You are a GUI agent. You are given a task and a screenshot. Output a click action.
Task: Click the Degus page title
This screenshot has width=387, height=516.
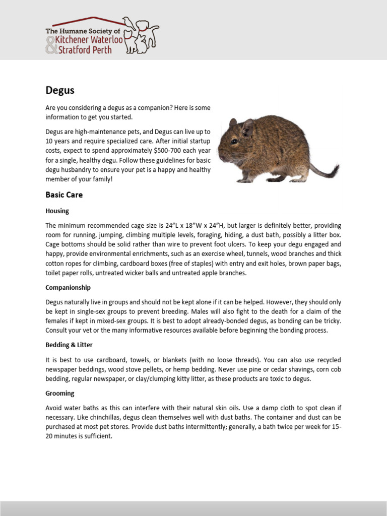[60, 91]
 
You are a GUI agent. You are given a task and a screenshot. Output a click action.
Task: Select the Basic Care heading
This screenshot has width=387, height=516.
[64, 195]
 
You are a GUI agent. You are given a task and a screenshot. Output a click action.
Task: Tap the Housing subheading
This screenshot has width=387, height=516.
[57, 211]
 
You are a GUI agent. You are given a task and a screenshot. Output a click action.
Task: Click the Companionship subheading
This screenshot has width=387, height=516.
[68, 287]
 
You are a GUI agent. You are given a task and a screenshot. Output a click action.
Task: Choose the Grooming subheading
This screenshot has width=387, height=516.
[59, 393]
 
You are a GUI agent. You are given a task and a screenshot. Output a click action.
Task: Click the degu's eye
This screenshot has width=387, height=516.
[234, 142]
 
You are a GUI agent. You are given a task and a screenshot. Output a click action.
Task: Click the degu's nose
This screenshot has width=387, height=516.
[220, 154]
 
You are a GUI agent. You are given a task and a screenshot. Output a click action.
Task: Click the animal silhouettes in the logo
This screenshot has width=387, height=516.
[141, 35]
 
